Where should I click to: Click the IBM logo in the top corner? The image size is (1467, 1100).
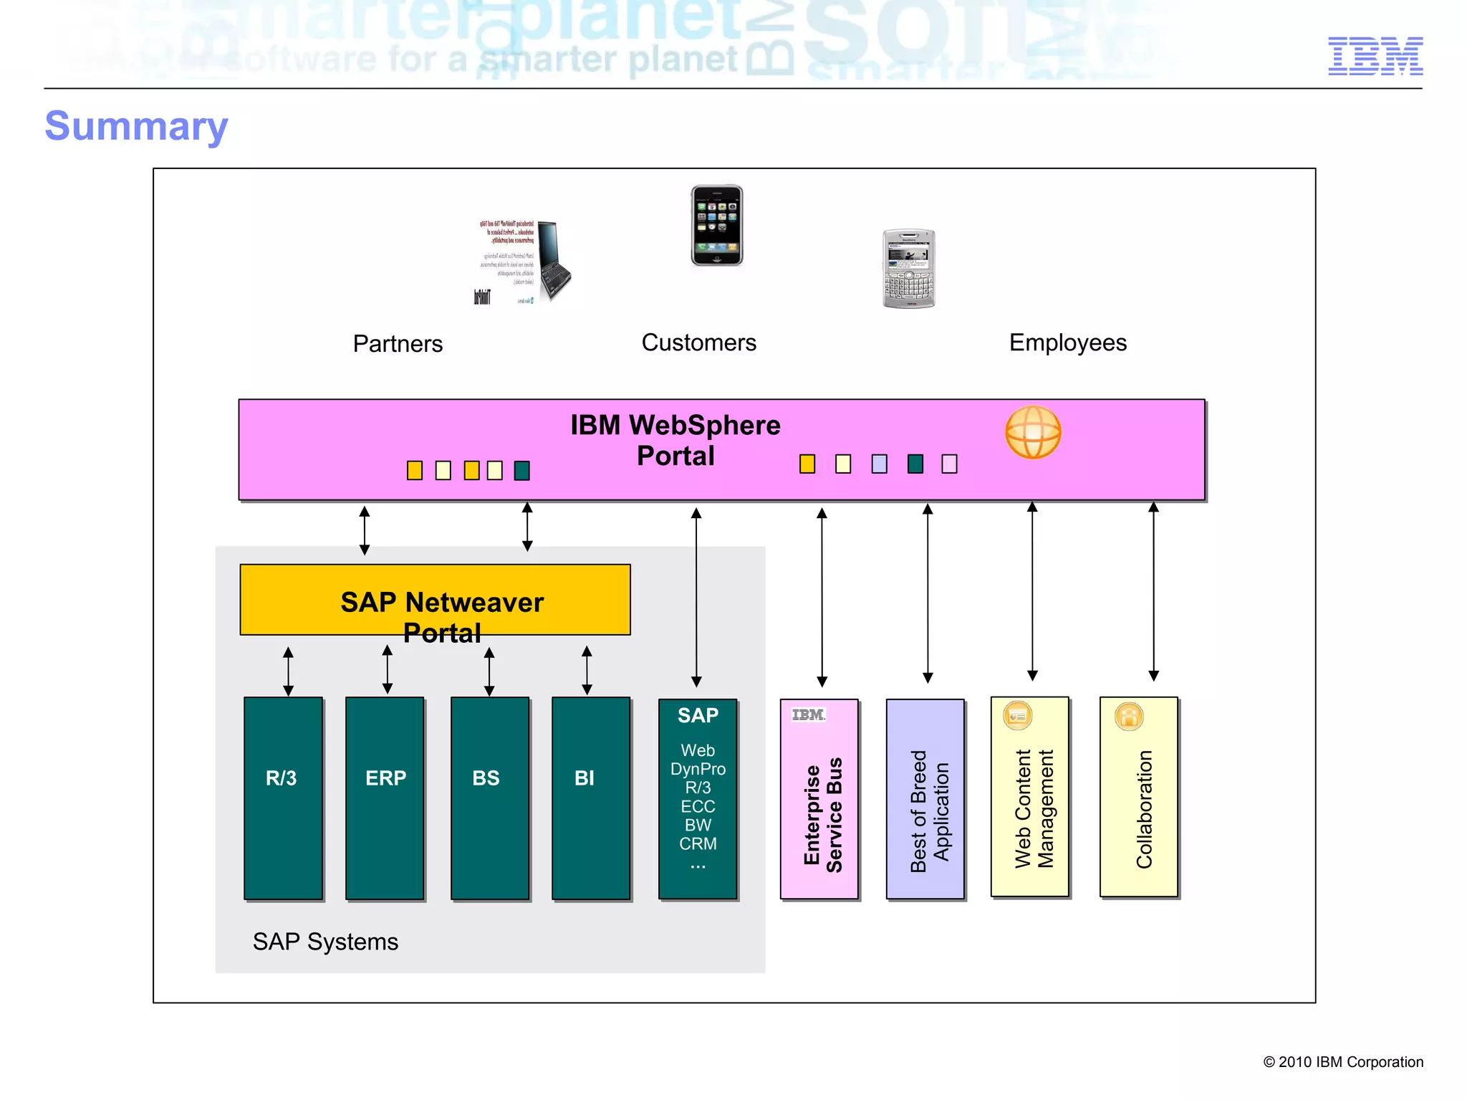[1375, 56]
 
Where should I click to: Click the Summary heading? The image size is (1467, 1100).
[136, 126]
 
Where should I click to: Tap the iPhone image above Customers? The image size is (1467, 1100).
[716, 225]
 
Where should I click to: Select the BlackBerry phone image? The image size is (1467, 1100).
[908, 269]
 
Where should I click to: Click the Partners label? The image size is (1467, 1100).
[398, 344]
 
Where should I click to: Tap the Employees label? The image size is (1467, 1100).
[1067, 343]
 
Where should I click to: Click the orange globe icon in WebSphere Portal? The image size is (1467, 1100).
[1032, 432]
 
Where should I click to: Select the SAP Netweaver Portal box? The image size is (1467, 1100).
[435, 600]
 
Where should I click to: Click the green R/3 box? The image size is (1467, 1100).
[283, 798]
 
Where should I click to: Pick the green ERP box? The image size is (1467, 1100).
[385, 798]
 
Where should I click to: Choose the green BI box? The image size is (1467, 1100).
[590, 798]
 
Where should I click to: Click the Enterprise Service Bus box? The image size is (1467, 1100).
[819, 799]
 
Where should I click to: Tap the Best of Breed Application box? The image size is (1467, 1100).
[925, 799]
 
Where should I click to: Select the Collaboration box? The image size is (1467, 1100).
[1138, 797]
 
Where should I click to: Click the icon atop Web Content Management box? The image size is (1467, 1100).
[1017, 715]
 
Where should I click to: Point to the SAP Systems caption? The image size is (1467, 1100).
[325, 942]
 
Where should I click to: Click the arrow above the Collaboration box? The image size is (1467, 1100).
[1153, 591]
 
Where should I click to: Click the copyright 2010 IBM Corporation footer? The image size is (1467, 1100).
[1342, 1062]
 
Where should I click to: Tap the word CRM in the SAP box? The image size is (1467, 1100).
[698, 843]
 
